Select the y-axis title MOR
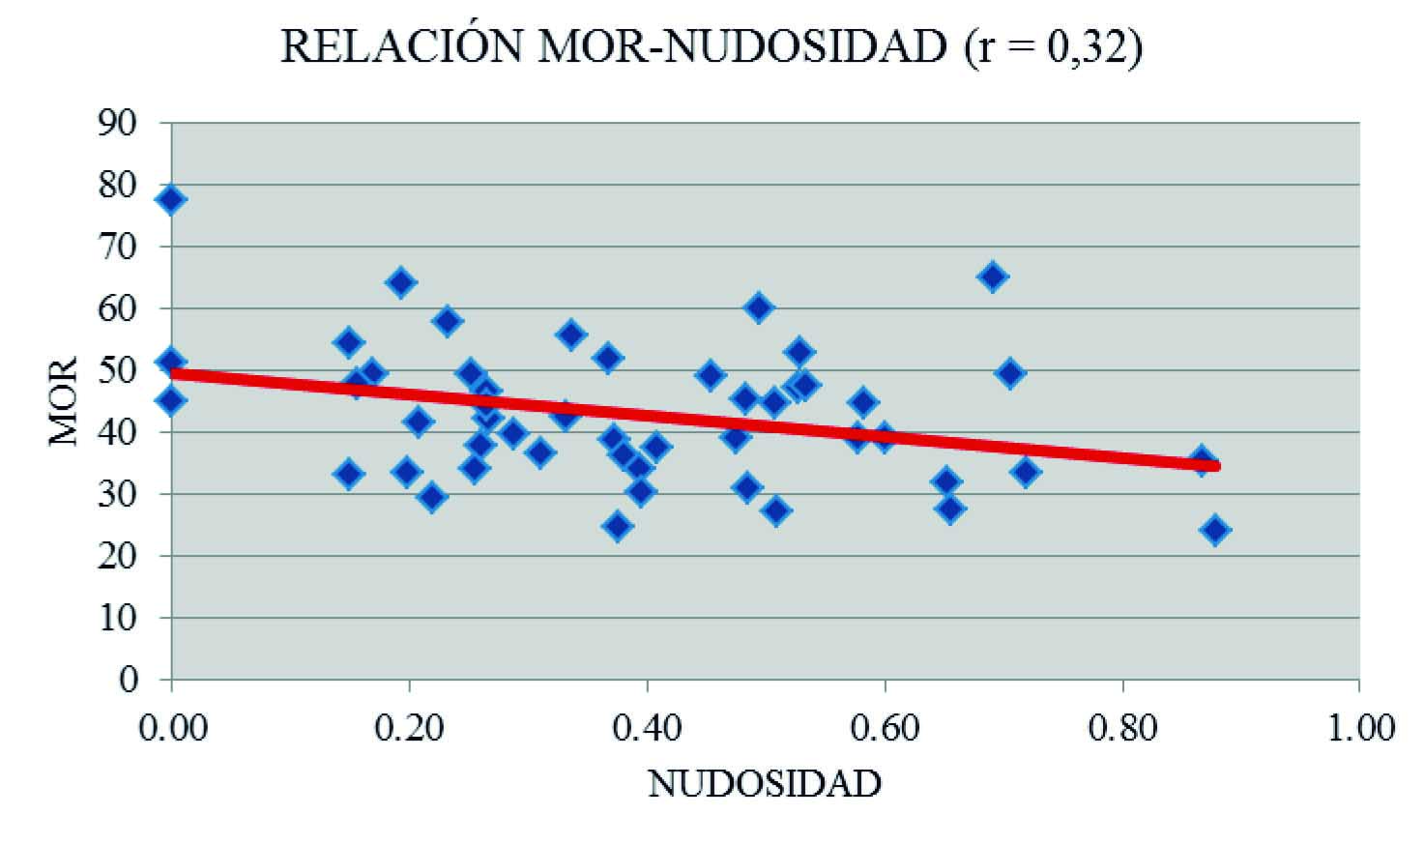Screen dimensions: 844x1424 [x=64, y=401]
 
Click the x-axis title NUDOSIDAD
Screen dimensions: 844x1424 [x=764, y=783]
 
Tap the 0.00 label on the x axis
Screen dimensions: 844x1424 [x=171, y=728]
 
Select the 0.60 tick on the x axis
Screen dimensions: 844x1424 [x=884, y=728]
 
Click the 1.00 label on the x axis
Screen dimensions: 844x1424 [x=1359, y=728]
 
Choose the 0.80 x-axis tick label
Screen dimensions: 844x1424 [x=1122, y=728]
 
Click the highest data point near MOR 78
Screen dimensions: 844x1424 [x=171, y=200]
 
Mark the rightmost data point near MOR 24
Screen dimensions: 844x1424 [x=1215, y=530]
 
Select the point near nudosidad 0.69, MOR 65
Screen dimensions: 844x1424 [x=992, y=277]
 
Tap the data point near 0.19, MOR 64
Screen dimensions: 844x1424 [x=400, y=283]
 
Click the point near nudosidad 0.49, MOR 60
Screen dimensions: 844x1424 [x=759, y=308]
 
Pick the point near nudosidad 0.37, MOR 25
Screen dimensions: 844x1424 [x=617, y=527]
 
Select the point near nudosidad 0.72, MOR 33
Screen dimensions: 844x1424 [x=1026, y=472]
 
